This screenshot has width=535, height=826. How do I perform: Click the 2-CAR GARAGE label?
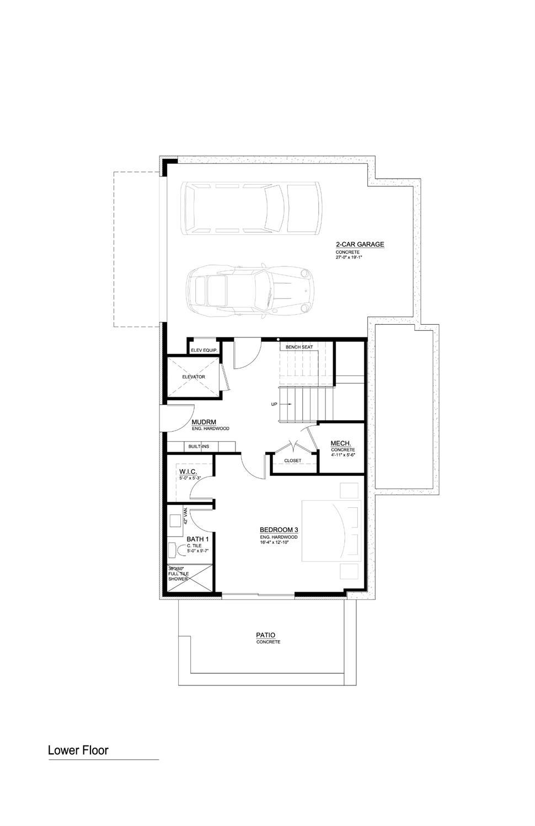(x=360, y=244)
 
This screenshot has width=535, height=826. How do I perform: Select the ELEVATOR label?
(x=194, y=377)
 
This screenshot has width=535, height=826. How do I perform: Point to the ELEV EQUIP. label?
(x=204, y=350)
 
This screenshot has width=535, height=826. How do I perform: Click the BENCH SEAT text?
(x=299, y=347)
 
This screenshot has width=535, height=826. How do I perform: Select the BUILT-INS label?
(x=199, y=446)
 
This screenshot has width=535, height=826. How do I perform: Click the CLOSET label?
(x=292, y=460)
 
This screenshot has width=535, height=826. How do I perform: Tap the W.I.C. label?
(x=187, y=472)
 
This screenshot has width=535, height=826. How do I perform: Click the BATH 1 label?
(x=197, y=539)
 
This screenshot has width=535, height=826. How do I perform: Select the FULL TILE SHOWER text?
(x=179, y=574)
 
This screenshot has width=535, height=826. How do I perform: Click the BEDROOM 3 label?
(x=279, y=530)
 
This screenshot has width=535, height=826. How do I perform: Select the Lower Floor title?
(x=78, y=750)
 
